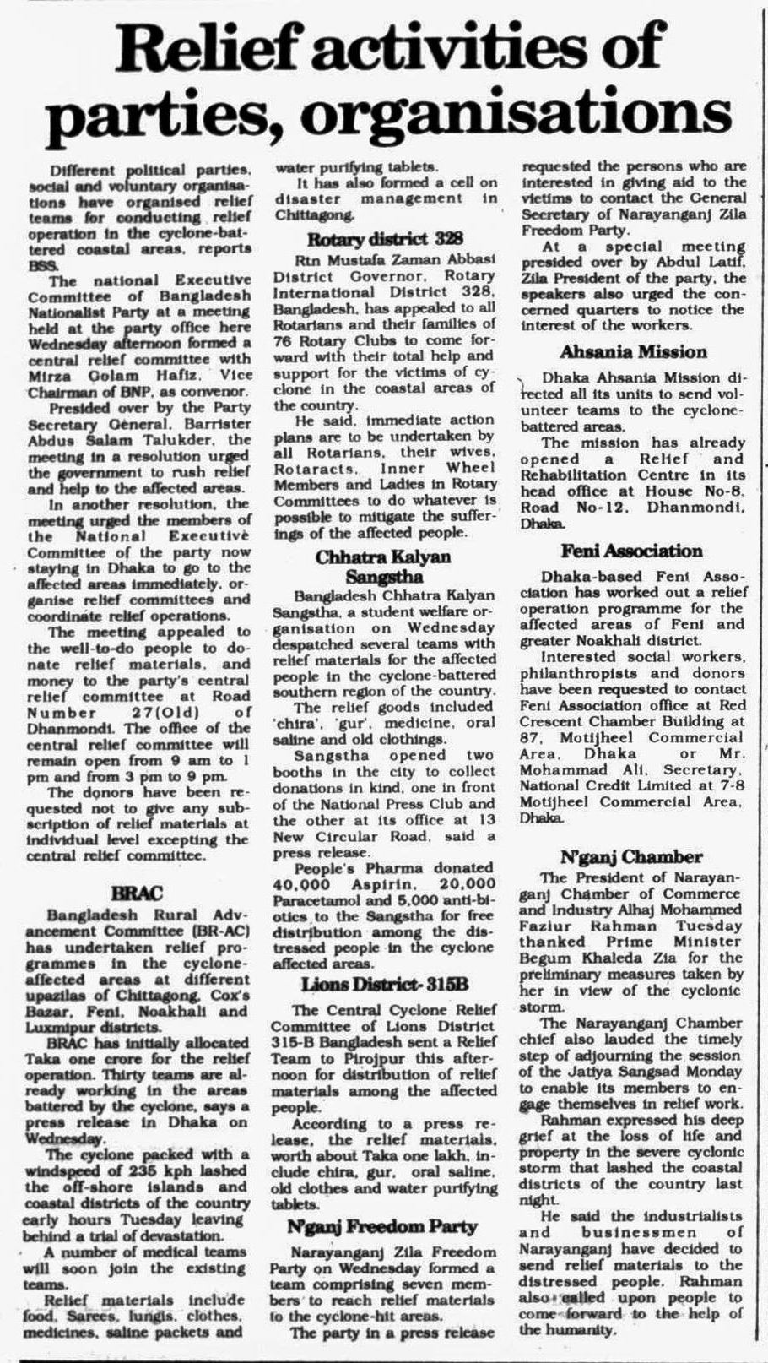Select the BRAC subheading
pos(136,893)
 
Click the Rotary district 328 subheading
pos(385,238)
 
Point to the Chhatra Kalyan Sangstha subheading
pos(383,567)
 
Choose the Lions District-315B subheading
pos(384,985)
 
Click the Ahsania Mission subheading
pos(633,351)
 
